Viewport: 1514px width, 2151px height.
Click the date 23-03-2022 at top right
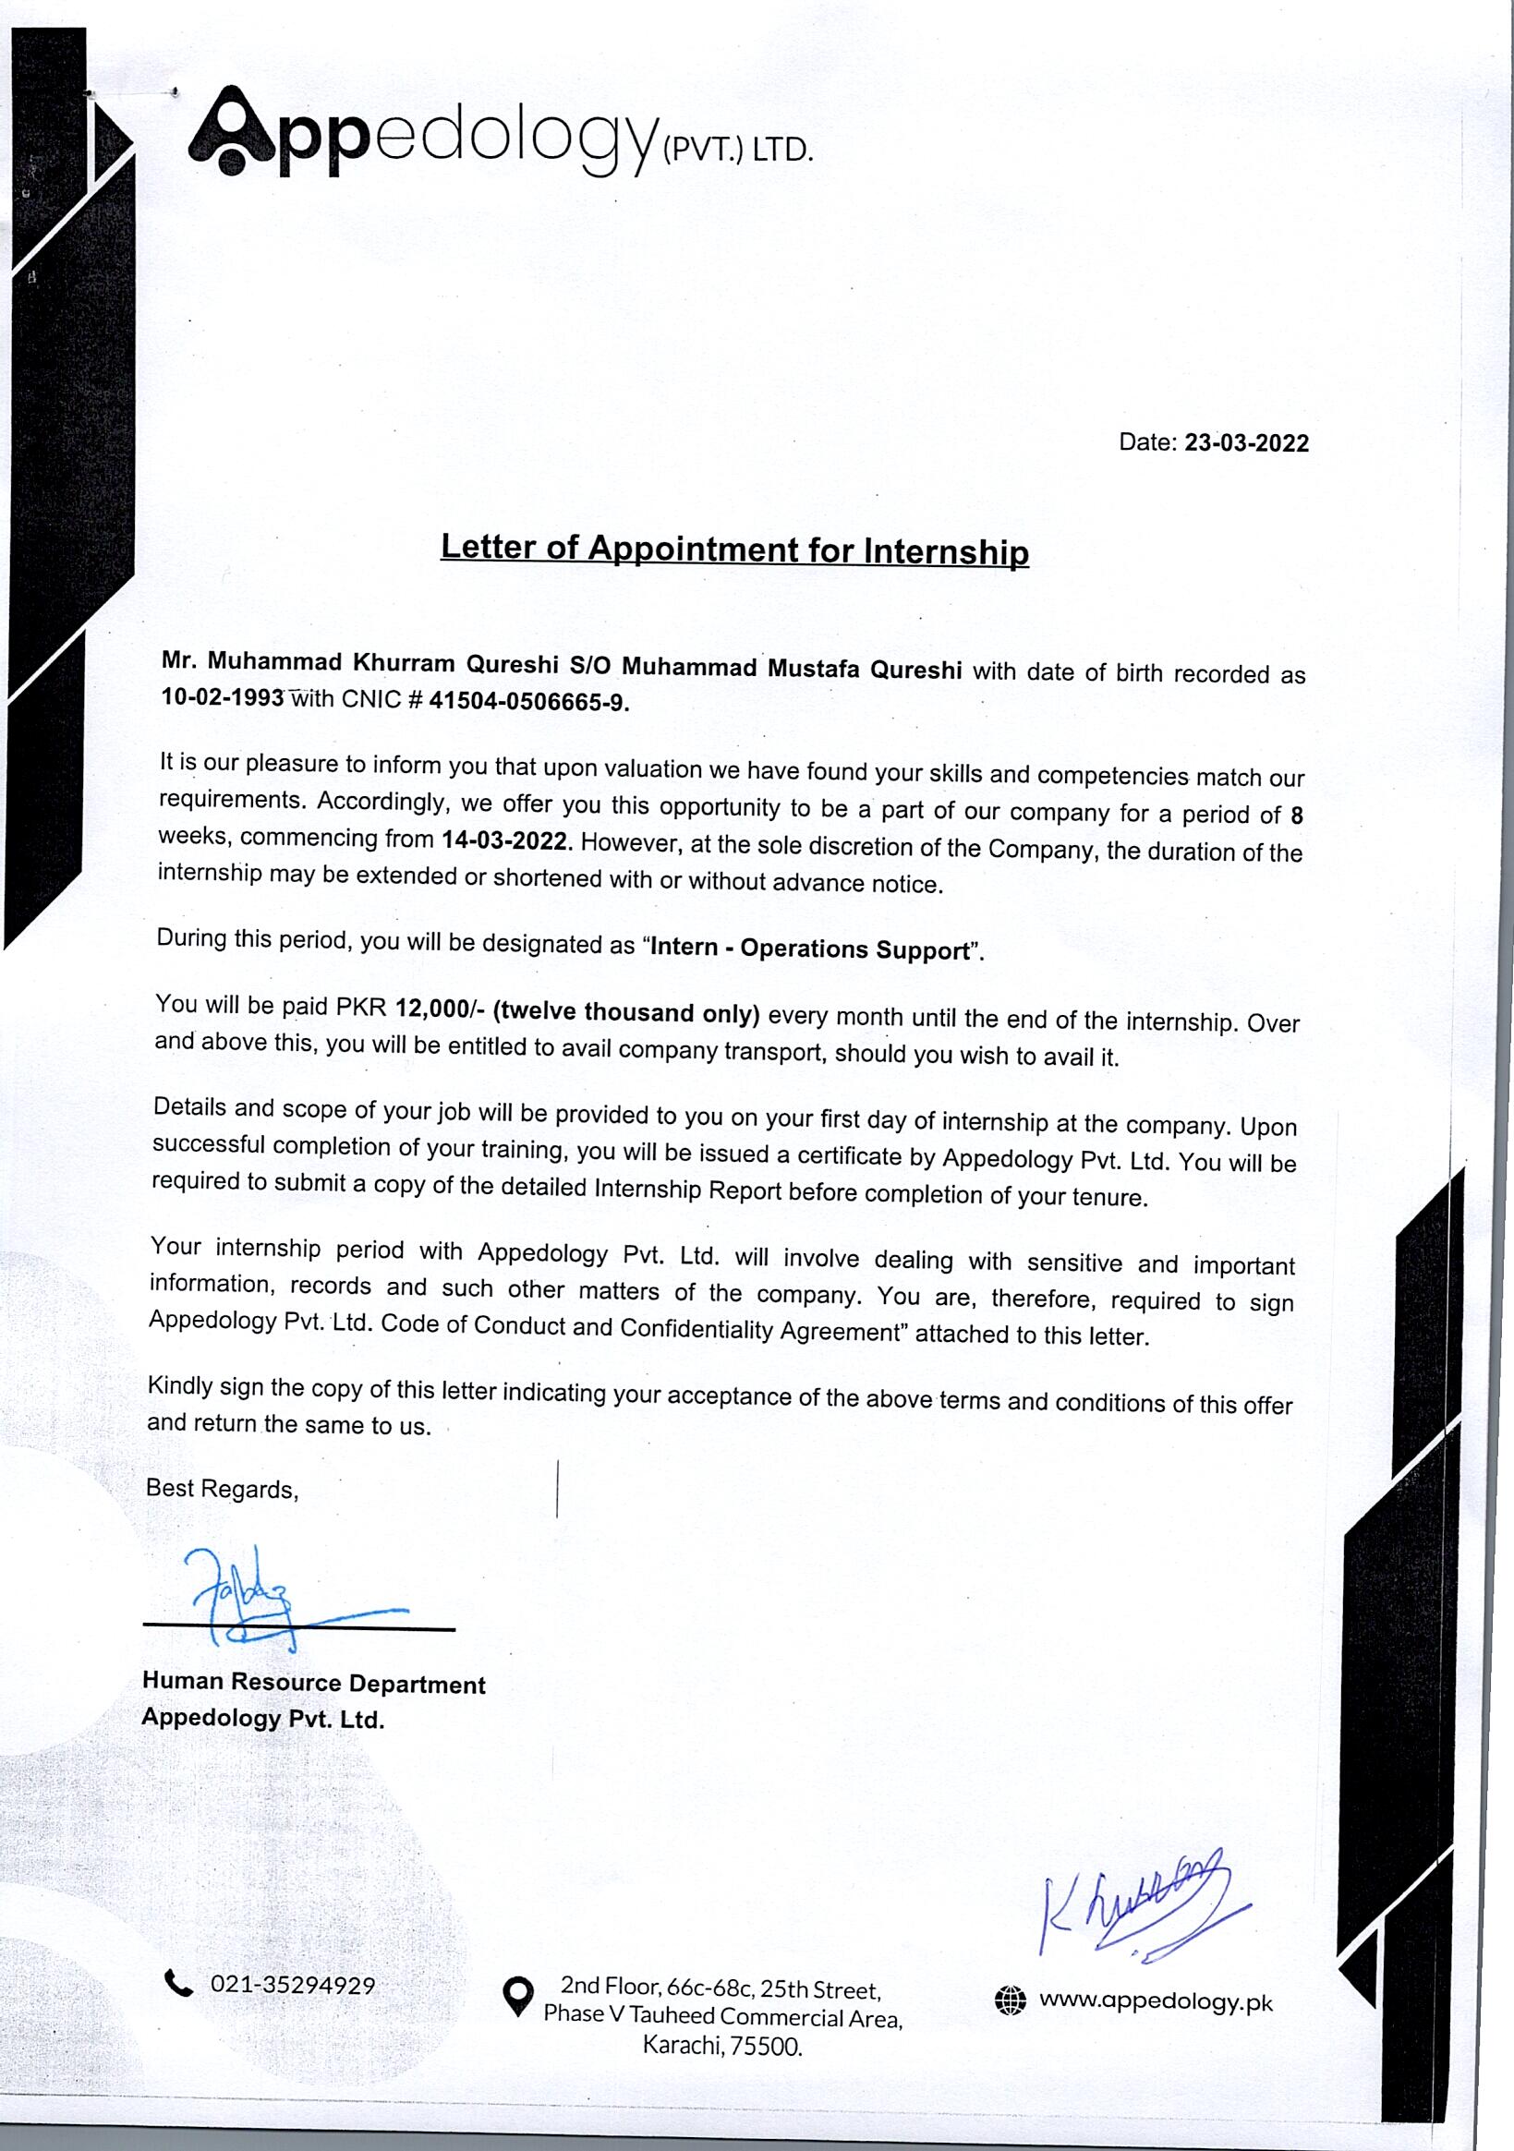tap(1246, 443)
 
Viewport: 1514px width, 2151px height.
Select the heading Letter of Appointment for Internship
tap(734, 549)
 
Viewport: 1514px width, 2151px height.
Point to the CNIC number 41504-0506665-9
tap(529, 703)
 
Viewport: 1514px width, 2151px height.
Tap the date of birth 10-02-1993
tap(223, 697)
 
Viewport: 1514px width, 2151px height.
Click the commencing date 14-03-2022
tap(505, 840)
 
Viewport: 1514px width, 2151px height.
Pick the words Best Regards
tap(222, 1489)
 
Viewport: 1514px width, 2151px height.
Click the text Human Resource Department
tap(314, 1683)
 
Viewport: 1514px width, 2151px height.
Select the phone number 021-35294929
tap(292, 1985)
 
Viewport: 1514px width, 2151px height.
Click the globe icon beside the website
tap(1010, 2001)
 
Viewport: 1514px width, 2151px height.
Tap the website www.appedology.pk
tap(1157, 2001)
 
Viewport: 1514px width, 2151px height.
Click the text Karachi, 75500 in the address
tap(722, 2044)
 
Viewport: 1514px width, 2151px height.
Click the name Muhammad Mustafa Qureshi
tap(792, 669)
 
